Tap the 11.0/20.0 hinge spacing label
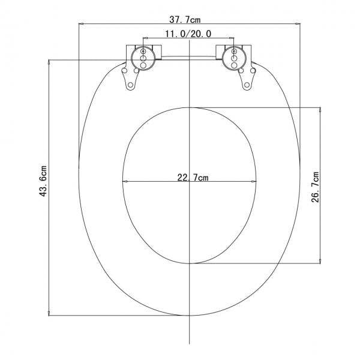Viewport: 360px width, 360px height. pyautogui.click(x=188, y=34)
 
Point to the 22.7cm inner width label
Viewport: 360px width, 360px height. pyautogui.click(x=193, y=178)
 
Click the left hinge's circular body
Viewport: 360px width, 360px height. pyautogui.click(x=143, y=57)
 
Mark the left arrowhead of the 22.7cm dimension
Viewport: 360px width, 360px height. pyautogui.click(x=124, y=182)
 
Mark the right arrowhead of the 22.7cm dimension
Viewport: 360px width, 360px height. pyautogui.click(x=256, y=182)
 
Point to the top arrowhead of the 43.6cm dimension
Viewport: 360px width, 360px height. pyautogui.click(x=48, y=62)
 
